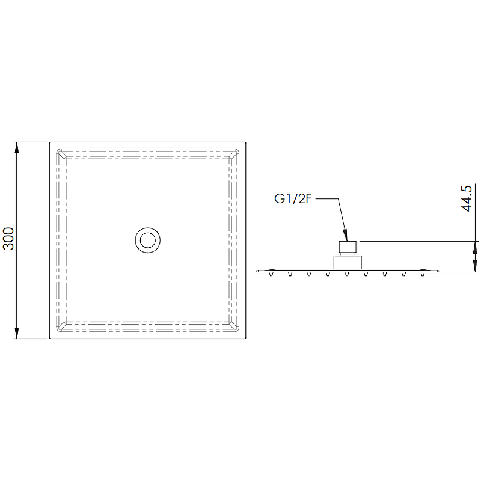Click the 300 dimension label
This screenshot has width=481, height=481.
tap(8, 239)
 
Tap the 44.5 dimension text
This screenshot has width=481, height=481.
tap(467, 198)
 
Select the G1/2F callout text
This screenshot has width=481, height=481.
tap(293, 199)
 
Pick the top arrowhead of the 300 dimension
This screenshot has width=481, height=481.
tap(17, 148)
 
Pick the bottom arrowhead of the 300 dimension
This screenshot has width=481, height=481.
tap(17, 333)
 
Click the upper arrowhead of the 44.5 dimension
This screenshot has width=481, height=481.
tap(475, 247)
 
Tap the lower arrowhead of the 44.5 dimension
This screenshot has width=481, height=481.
tap(475, 266)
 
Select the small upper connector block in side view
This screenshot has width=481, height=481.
tap(348, 247)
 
